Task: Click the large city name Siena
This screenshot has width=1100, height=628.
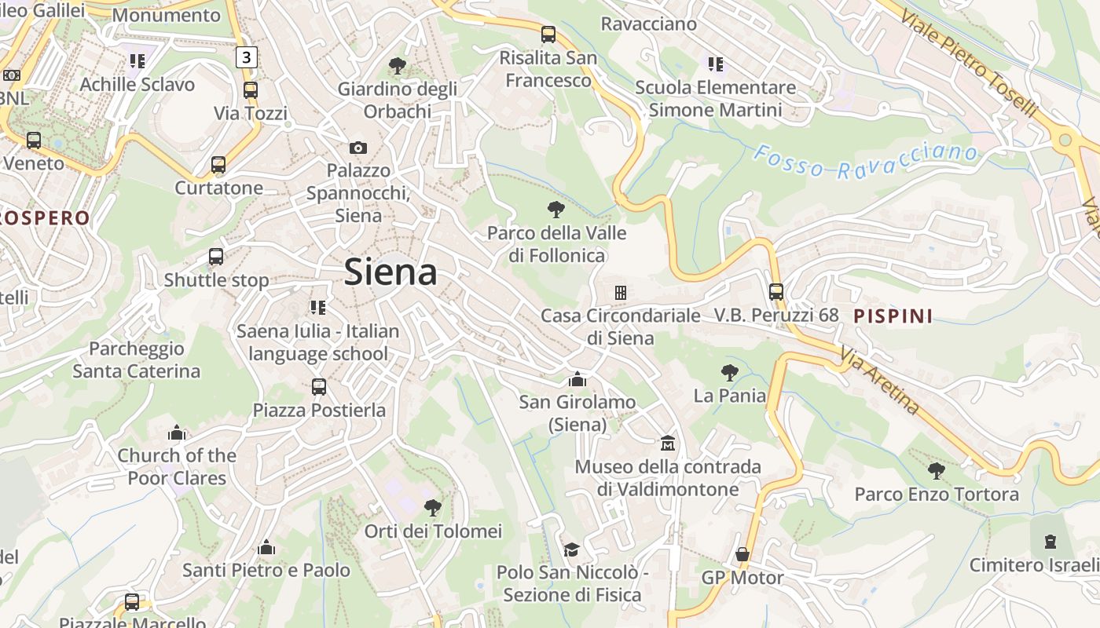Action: point(390,272)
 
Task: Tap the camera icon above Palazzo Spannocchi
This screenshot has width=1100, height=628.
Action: point(358,148)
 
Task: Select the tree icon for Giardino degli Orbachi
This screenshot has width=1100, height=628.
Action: point(398,66)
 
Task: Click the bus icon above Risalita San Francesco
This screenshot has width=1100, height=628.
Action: point(548,35)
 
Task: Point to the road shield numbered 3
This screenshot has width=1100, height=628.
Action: point(247,57)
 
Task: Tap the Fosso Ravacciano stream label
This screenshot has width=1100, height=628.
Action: point(865,161)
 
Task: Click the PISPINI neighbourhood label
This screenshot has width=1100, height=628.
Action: point(893,316)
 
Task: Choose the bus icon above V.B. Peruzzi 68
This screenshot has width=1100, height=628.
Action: point(776,292)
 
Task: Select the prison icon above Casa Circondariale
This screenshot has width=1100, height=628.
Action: point(621,293)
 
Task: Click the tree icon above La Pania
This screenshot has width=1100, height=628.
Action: point(729,373)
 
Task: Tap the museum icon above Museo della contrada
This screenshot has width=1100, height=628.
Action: point(668,444)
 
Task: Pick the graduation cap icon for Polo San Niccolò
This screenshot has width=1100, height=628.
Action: point(571,549)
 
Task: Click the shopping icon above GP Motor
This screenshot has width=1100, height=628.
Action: point(742,555)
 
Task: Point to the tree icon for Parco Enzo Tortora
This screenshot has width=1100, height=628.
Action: point(936,471)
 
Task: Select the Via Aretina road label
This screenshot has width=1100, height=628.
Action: point(879,380)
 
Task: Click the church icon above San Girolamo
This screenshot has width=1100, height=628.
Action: point(577,379)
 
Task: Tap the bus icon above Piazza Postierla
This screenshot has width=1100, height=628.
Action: point(319,387)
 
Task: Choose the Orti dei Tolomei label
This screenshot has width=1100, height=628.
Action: point(433,531)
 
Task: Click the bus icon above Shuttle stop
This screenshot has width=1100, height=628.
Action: point(216,257)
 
